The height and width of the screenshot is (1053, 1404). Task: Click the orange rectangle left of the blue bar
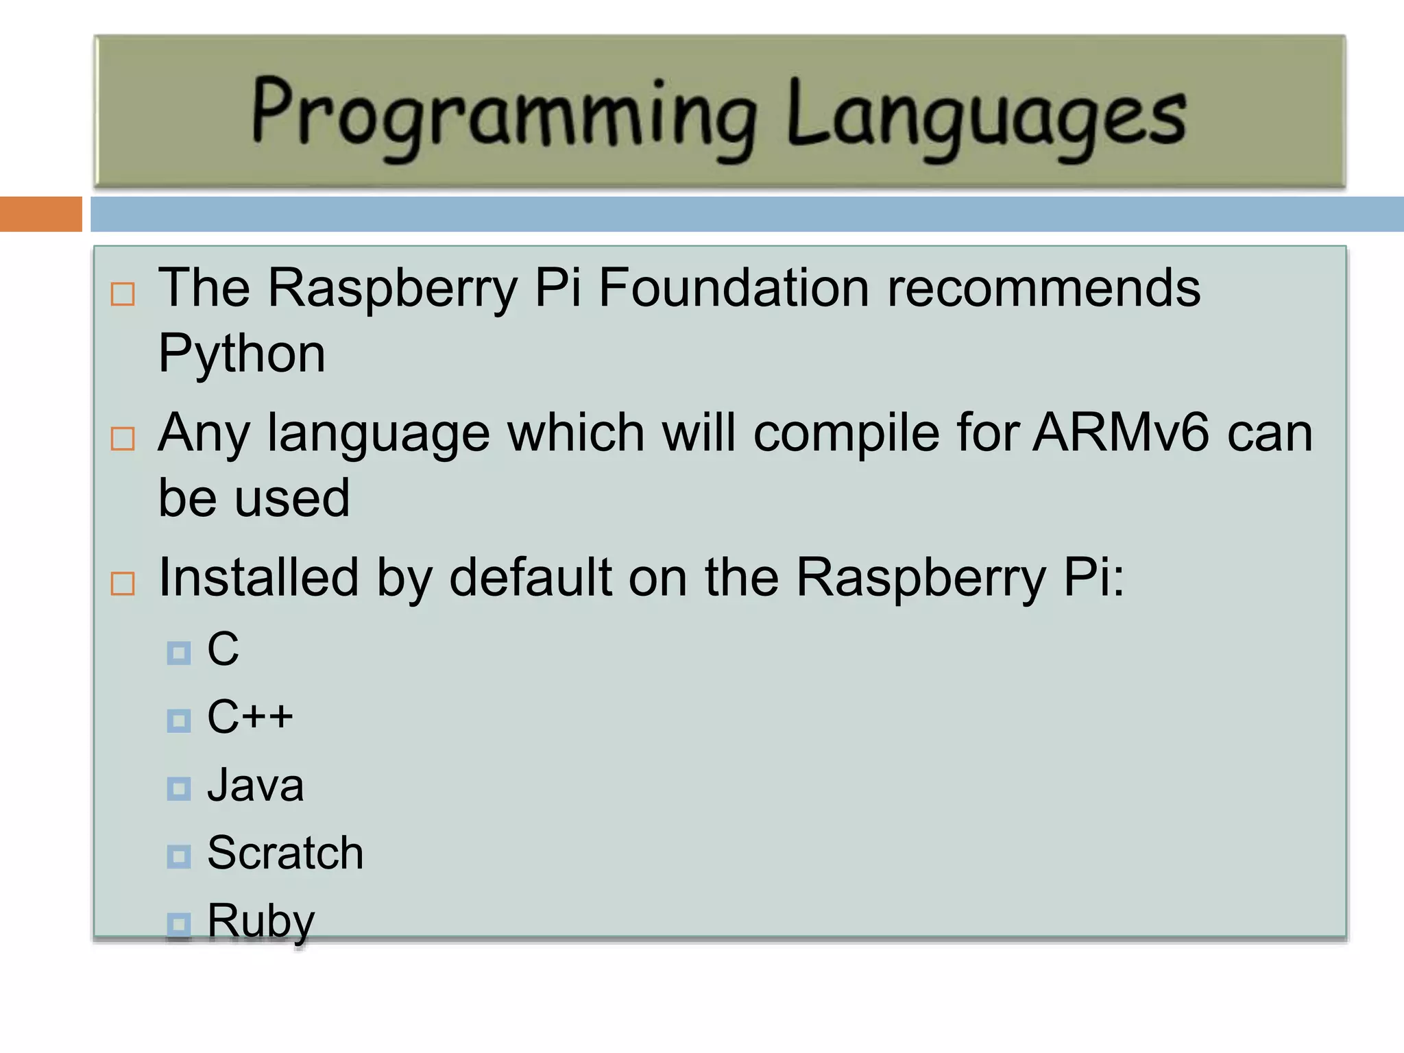coord(40,214)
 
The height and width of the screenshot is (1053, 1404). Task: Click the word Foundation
coord(734,288)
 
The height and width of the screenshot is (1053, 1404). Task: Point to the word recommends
coord(1043,288)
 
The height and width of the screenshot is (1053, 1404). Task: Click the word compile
coord(847,434)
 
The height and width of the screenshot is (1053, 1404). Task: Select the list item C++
coord(250,717)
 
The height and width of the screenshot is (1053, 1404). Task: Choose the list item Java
coord(255,786)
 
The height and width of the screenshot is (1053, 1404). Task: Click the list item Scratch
coord(285,854)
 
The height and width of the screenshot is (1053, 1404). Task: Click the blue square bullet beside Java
coord(179,789)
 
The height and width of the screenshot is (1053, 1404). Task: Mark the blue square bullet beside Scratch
coord(179,856)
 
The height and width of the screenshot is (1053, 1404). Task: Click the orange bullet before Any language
coord(123,439)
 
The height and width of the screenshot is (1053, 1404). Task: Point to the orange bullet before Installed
coord(123,584)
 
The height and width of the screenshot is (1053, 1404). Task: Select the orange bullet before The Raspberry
coord(123,294)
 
